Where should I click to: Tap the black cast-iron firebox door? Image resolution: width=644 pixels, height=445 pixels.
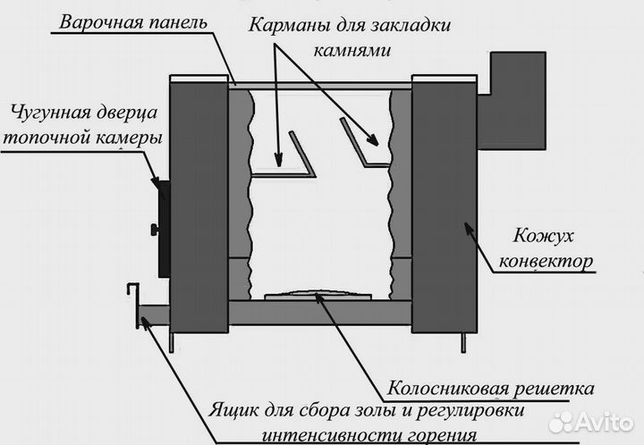pos(162,227)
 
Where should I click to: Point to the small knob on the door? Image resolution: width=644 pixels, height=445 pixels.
pos(153,231)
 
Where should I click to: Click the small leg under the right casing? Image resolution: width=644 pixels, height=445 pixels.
pos(463,341)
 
